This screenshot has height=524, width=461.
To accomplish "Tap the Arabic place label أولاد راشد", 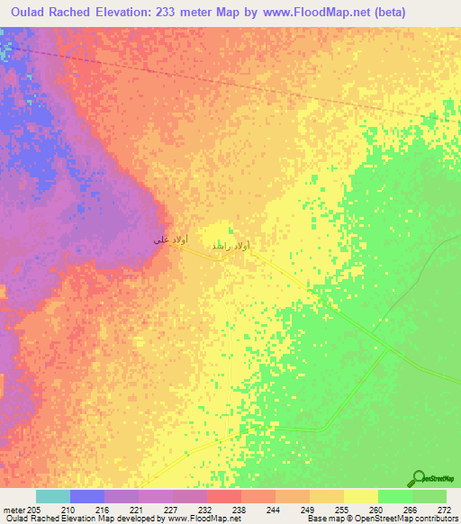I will coord(230,246).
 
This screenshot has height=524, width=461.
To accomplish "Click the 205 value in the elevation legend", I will coord(35,510).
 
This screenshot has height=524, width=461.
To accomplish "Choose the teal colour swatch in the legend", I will coord(52,496).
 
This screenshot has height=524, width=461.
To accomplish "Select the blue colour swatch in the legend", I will coord(86,496).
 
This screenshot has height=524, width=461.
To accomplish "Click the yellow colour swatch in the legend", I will coord(360,496).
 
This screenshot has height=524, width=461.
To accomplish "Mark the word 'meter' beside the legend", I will coord(14,510).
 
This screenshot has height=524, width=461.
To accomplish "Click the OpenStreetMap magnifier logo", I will coord(419,478).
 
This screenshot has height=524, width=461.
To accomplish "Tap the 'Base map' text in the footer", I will coord(321,519).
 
